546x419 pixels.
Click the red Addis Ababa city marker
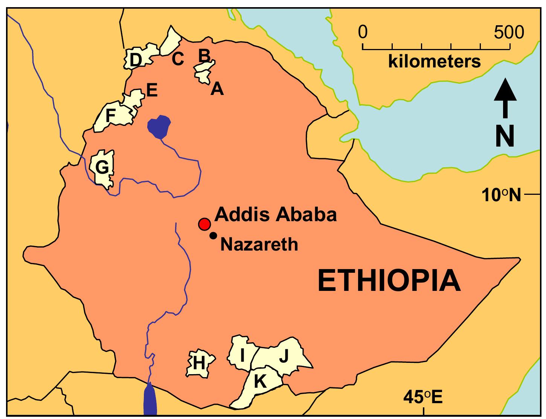(204, 224)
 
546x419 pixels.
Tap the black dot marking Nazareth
(213, 235)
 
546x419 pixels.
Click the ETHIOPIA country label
(389, 281)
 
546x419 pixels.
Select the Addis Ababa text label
(275, 215)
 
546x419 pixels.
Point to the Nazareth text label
(259, 245)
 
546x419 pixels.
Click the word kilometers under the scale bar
(435, 61)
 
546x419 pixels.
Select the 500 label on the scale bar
(509, 33)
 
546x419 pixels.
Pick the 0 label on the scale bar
(363, 33)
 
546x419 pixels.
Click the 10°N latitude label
(501, 195)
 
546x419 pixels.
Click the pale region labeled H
(200, 363)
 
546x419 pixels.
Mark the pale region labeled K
(260, 384)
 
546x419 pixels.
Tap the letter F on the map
(110, 116)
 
